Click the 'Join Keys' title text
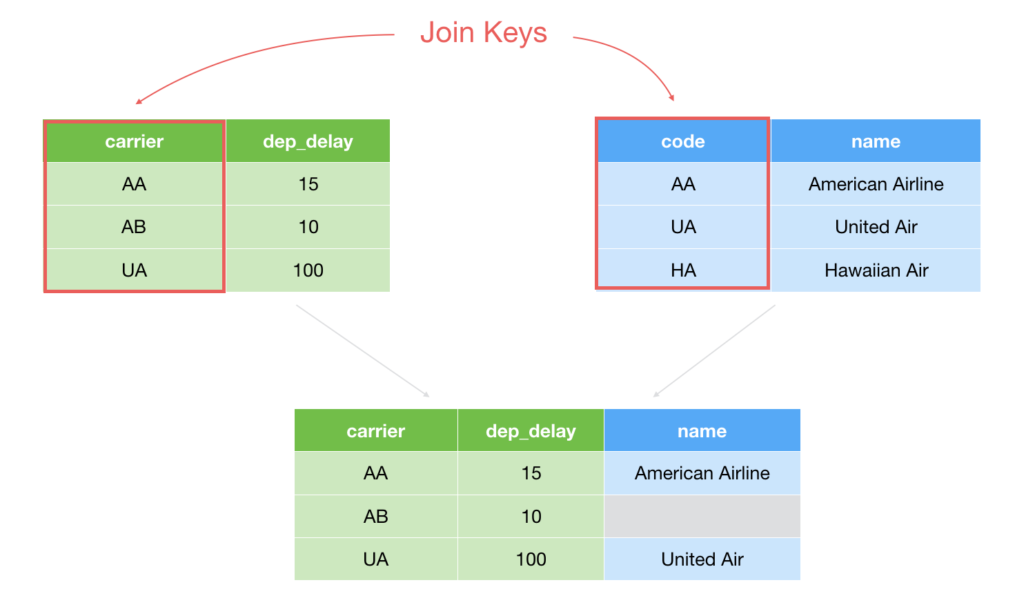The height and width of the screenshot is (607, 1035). (483, 33)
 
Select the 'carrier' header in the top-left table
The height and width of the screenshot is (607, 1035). (134, 141)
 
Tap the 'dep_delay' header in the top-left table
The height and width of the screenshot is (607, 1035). (308, 141)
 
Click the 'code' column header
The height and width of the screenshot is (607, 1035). (683, 141)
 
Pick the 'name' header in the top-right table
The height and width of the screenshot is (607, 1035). (876, 141)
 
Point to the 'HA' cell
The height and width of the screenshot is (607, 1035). (683, 270)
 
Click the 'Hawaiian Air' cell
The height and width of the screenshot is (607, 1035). (876, 270)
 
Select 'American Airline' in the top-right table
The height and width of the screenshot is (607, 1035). (876, 184)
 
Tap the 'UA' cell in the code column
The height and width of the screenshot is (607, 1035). (683, 227)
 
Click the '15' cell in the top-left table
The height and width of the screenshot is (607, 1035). (308, 184)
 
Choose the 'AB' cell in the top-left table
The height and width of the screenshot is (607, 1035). (134, 227)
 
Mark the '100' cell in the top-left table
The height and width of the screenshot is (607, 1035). (308, 270)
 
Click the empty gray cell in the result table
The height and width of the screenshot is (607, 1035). (702, 517)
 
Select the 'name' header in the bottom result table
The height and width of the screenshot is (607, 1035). (702, 430)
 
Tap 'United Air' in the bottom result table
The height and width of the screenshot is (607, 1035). (702, 559)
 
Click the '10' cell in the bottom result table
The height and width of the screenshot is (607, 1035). (531, 517)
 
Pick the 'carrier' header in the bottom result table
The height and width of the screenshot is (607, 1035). (375, 430)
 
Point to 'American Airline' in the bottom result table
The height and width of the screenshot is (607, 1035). (702, 473)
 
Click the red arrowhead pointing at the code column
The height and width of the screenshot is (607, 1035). (672, 97)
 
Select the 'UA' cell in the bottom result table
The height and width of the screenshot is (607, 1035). (375, 559)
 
